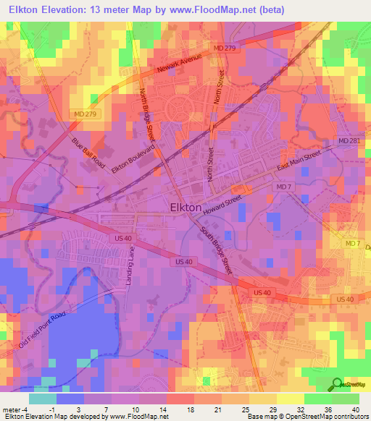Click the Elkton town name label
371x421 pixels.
coord(185,207)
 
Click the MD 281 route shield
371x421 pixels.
coord(348,140)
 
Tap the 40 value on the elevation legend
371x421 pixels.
coord(355,409)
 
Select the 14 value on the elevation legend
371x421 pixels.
coord(151,409)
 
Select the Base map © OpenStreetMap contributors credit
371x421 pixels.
coord(307,417)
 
